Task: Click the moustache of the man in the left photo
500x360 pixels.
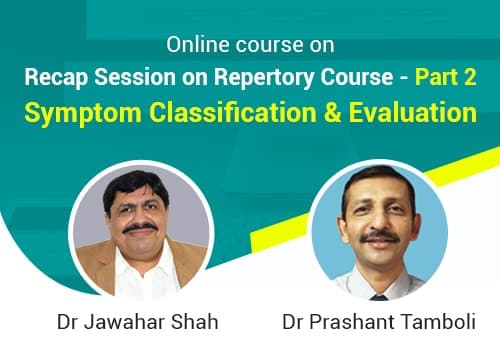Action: click(142, 229)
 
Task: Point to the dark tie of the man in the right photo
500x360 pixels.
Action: click(377, 293)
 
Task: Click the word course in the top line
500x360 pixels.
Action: click(262, 45)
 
